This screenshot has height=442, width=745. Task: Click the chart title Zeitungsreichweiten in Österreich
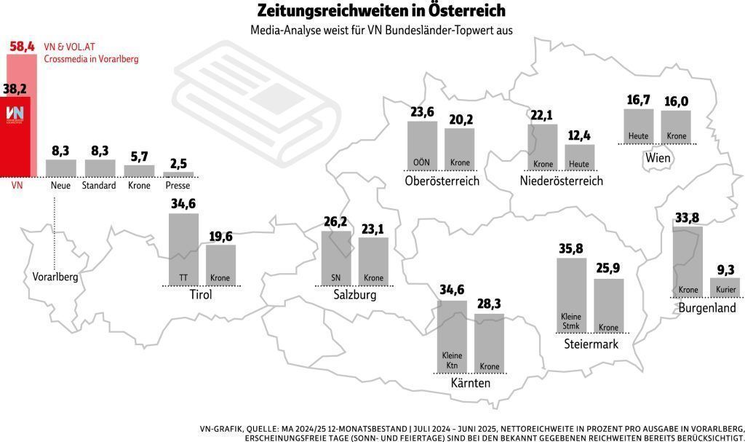[x=381, y=12]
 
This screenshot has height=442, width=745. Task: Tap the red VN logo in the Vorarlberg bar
[x=15, y=114]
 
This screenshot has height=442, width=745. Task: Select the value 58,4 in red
[x=22, y=47]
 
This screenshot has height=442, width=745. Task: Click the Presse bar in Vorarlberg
[x=178, y=175]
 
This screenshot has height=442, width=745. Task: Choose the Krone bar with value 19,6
[x=220, y=264]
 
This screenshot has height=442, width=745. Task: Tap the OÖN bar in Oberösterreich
[x=422, y=144]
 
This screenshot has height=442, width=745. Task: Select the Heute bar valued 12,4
[x=580, y=157]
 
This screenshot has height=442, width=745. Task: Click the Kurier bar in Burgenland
[x=725, y=286]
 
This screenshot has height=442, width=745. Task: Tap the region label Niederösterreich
[x=562, y=181]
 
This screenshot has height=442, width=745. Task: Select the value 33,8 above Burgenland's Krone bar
[x=687, y=218]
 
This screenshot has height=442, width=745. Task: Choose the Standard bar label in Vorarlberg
[x=100, y=186]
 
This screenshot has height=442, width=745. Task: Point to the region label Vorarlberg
[x=55, y=277]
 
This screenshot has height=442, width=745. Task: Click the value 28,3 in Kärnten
[x=489, y=303]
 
